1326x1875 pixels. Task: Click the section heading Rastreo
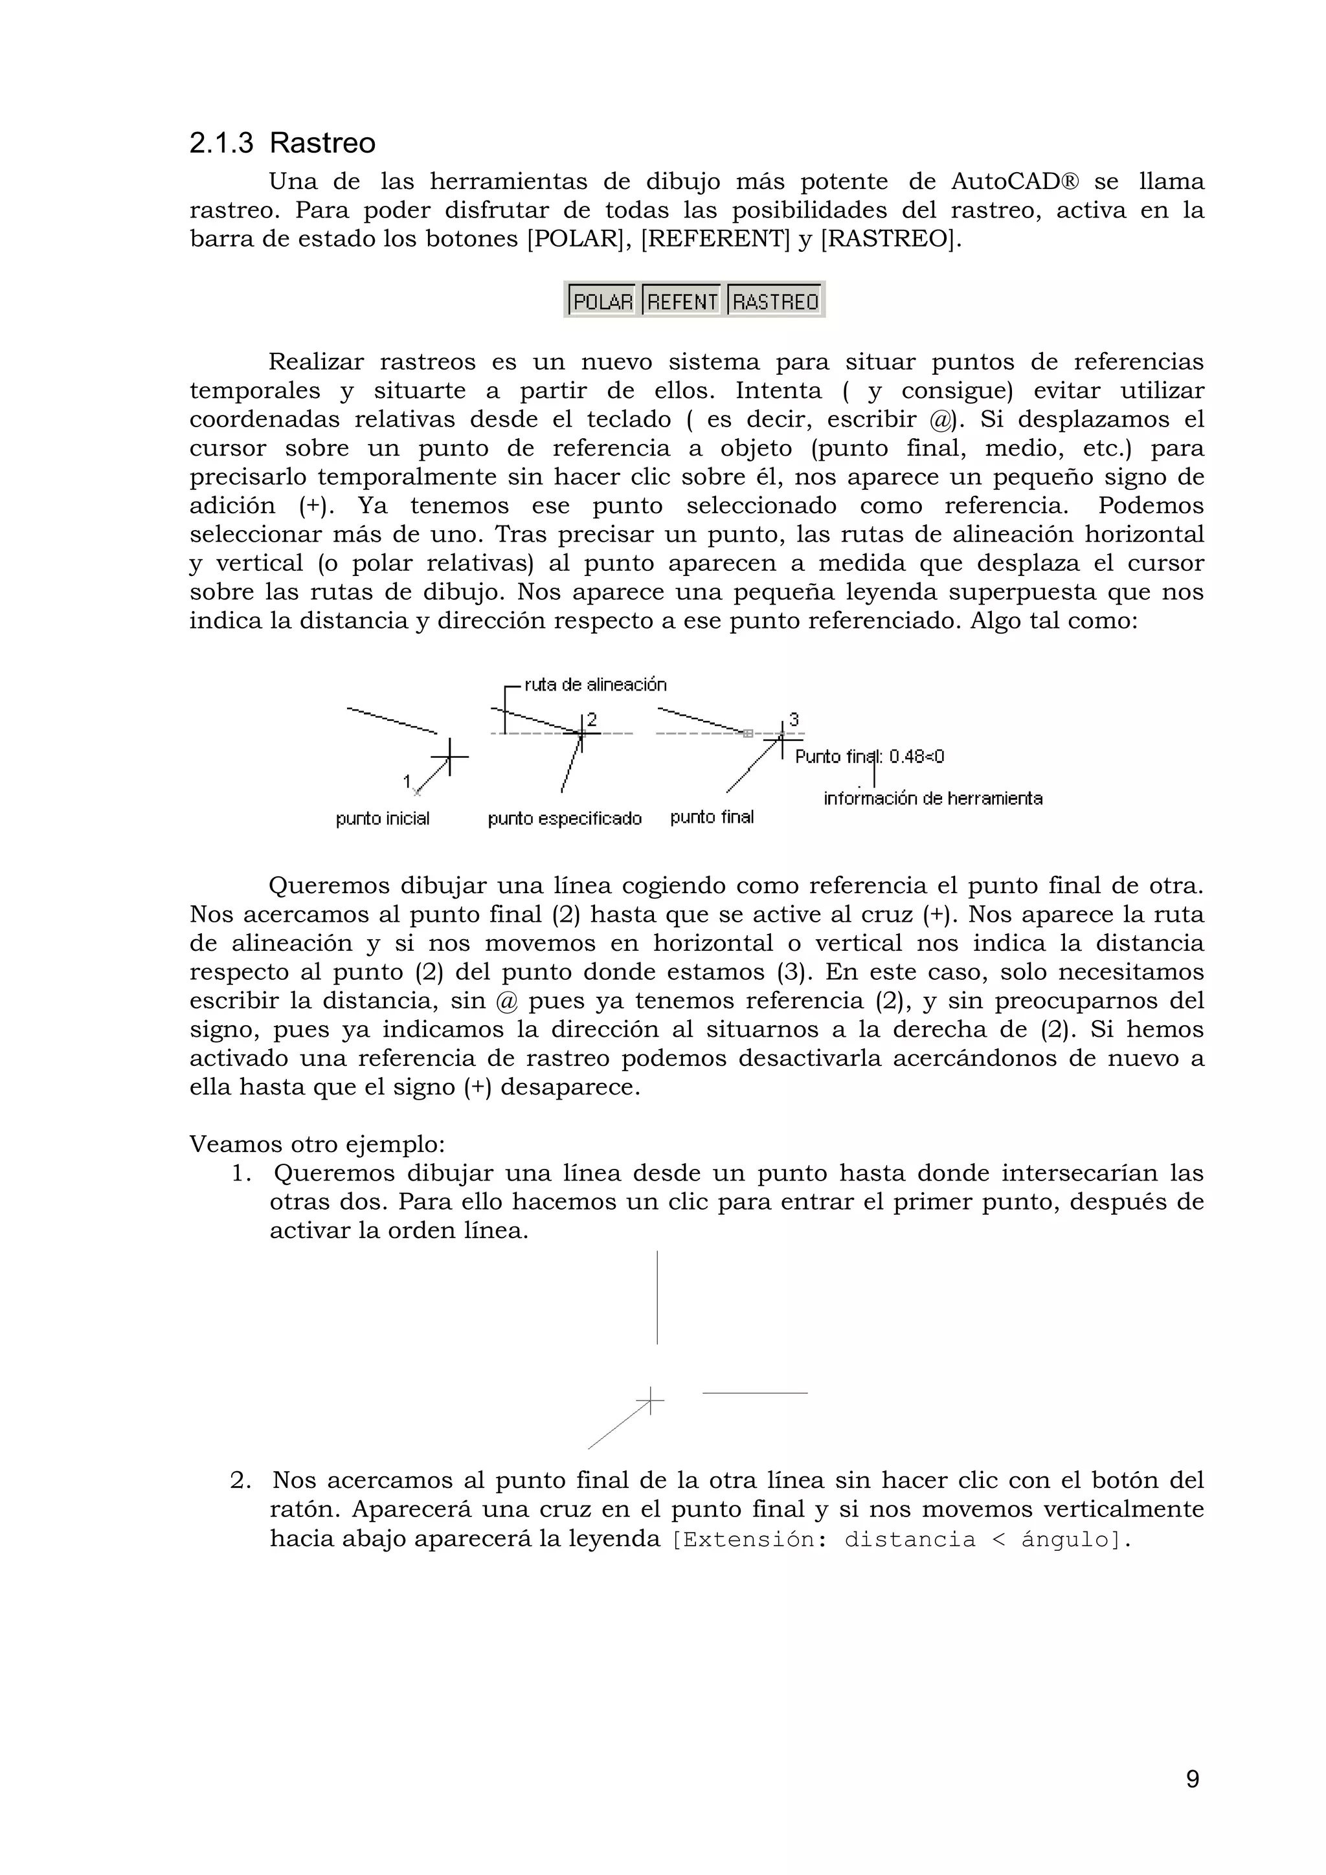point(322,143)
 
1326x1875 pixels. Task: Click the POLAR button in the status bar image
point(603,302)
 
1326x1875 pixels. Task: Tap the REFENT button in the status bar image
point(682,302)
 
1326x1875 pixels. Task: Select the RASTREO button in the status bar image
point(774,302)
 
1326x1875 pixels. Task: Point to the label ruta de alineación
point(595,684)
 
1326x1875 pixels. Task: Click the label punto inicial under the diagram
point(383,818)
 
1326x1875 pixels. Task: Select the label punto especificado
point(565,818)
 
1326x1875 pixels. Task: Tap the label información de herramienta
point(932,799)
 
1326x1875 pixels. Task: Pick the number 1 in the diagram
point(407,782)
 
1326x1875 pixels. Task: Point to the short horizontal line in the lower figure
point(754,1392)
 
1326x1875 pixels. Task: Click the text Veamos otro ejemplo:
point(317,1143)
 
